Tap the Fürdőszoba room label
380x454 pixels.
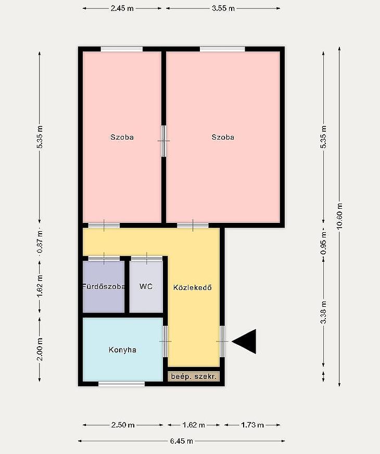[104, 287]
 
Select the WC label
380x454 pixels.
[146, 286]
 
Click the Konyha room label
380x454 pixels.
[122, 350]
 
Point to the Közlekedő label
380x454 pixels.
[193, 287]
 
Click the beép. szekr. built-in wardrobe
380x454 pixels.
[194, 376]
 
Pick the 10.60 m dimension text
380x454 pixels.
[339, 216]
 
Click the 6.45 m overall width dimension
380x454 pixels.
[182, 440]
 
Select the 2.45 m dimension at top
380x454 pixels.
[122, 8]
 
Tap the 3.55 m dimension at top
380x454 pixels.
[223, 8]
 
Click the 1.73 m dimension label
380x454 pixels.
[252, 425]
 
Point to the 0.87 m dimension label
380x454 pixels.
[40, 242]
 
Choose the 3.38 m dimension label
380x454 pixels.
[324, 312]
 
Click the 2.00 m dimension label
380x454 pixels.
[40, 349]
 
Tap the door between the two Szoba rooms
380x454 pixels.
[164, 141]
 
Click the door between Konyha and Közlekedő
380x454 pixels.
[165, 342]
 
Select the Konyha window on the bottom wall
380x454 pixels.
[122, 384]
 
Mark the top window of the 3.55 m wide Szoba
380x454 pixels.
[222, 49]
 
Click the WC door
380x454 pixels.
[147, 258]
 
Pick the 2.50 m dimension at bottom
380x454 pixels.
[123, 425]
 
